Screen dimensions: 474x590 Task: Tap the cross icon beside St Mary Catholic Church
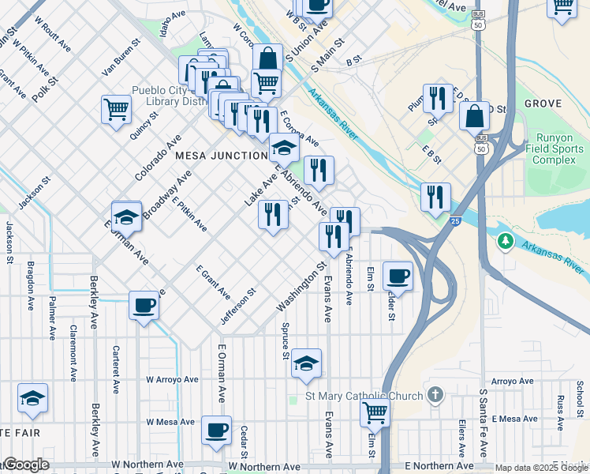433,393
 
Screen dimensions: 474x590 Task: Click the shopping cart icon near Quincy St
116,109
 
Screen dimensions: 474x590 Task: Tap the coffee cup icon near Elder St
398,276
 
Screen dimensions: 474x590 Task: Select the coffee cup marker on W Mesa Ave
216,430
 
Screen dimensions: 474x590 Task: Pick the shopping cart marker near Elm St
375,412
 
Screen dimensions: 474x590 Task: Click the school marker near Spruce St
306,363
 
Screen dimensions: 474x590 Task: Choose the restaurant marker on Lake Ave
273,214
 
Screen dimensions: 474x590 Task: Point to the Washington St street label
301,287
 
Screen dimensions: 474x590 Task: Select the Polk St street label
44,88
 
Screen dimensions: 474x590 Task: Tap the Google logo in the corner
25,465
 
